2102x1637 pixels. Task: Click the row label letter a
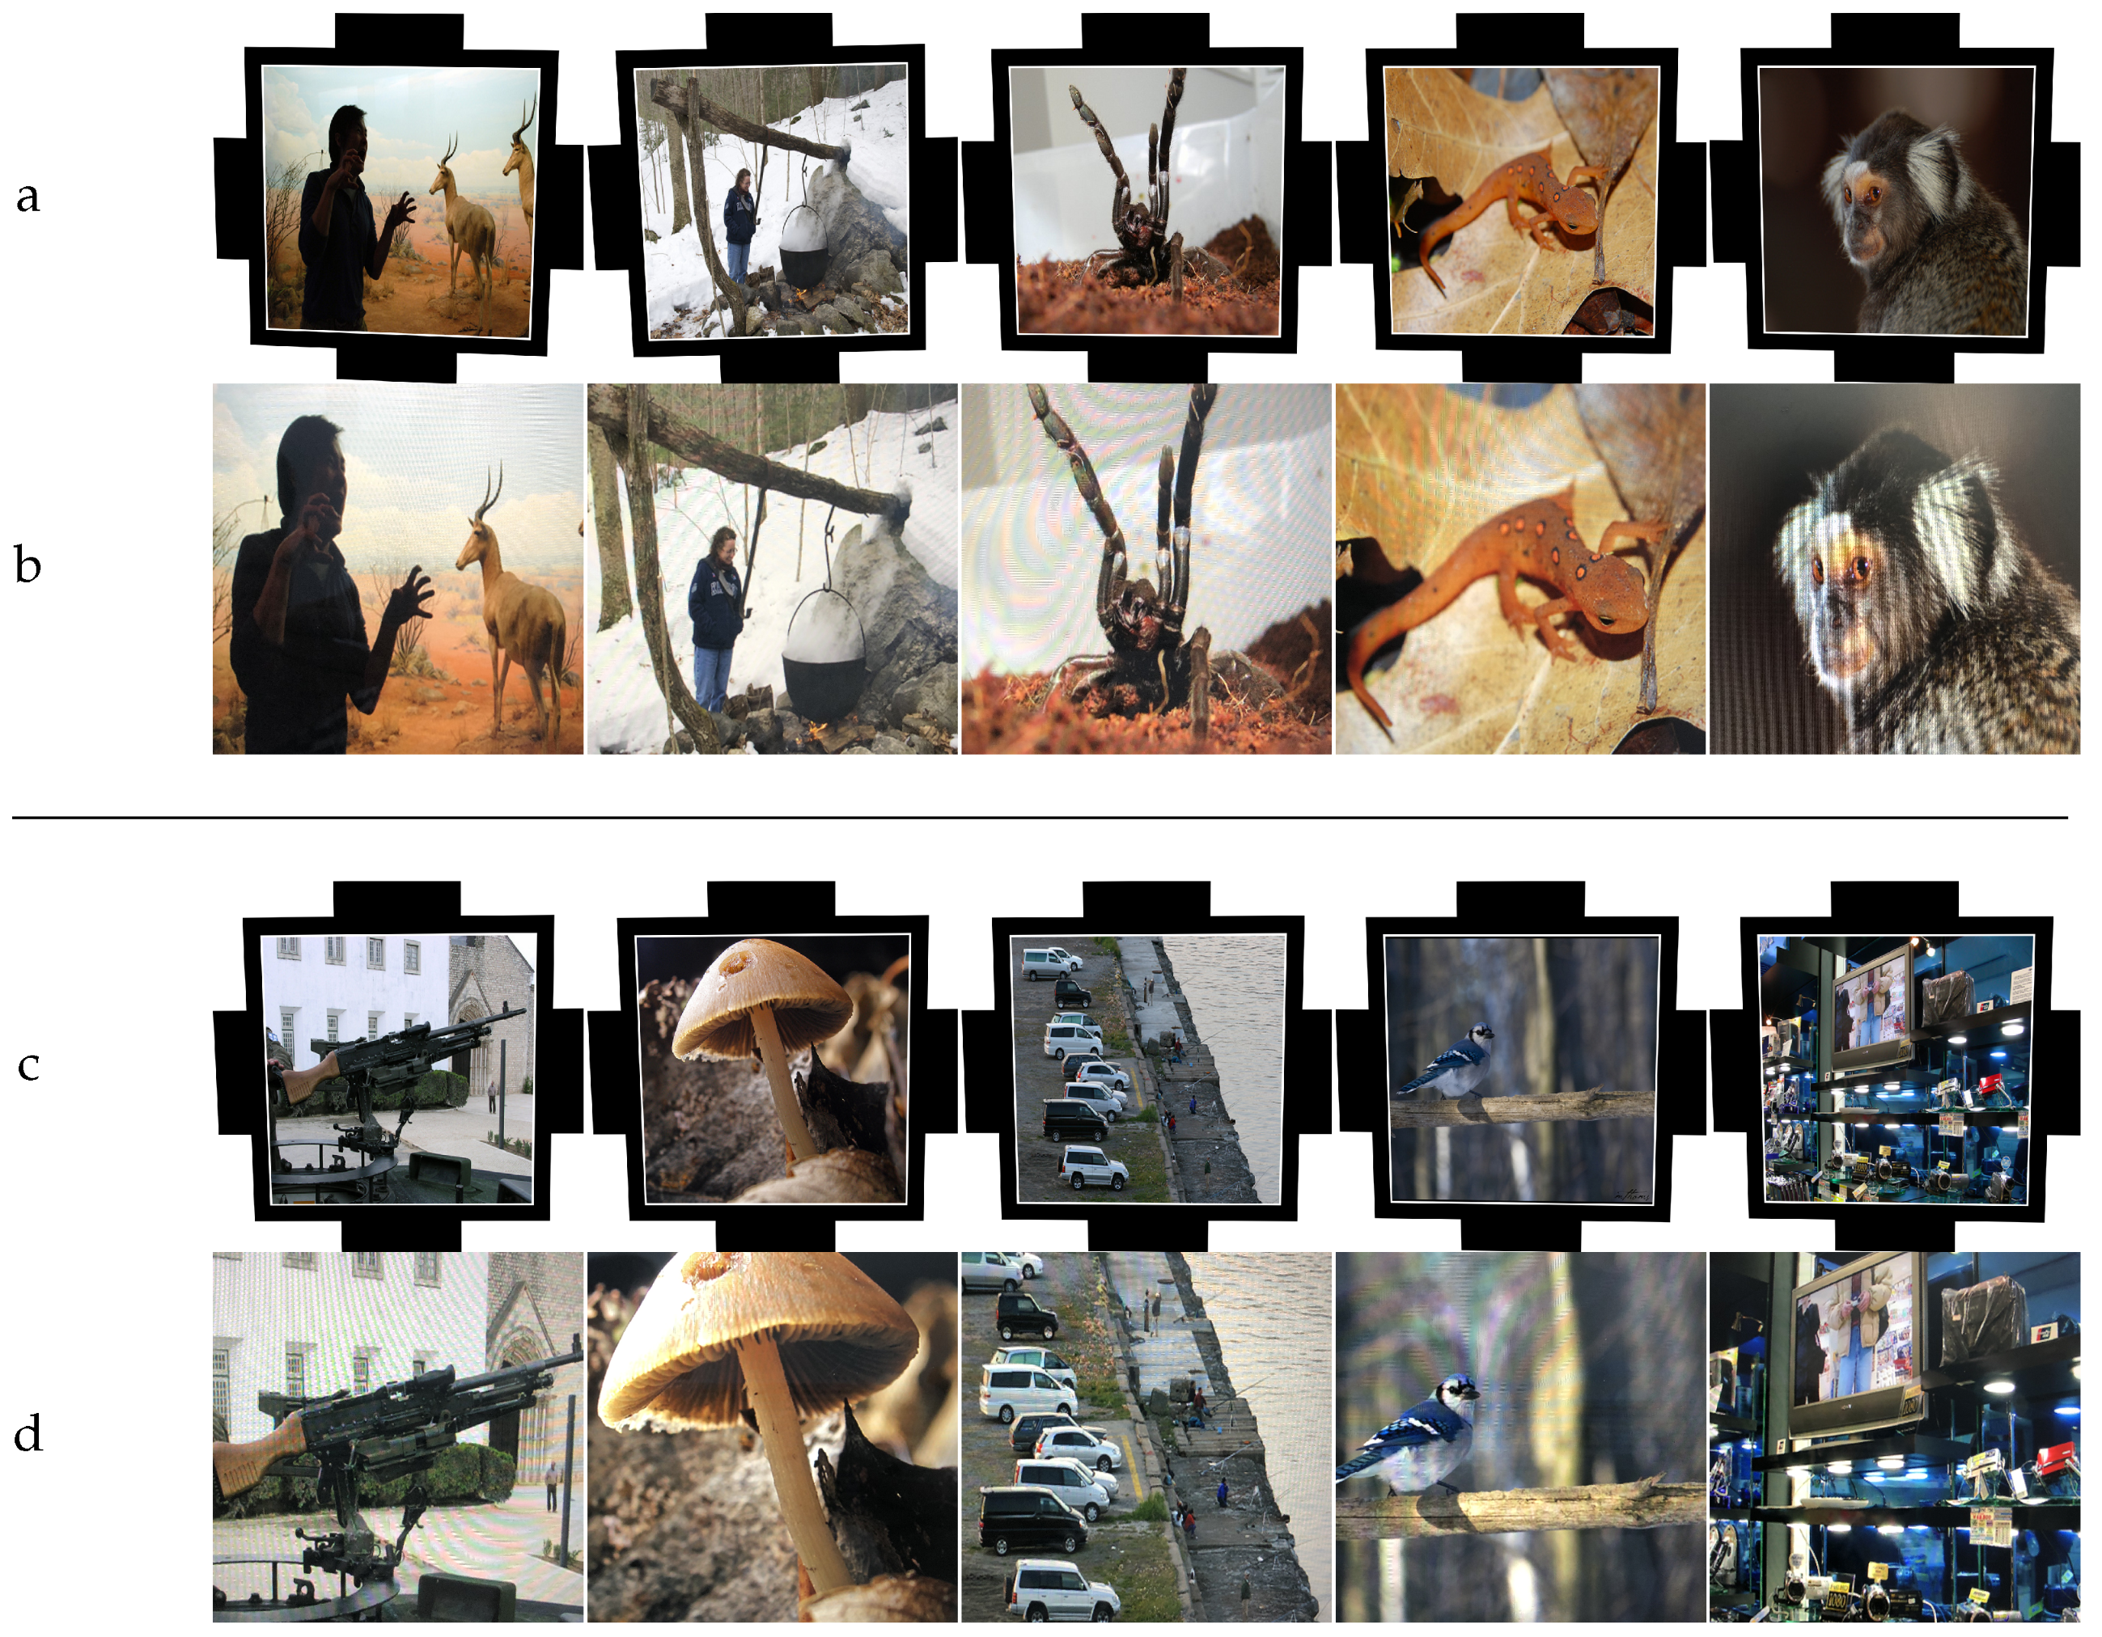pyautogui.click(x=28, y=197)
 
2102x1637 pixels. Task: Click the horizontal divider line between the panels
pyautogui.click(x=1040, y=818)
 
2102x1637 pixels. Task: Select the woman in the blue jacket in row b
pyautogui.click(x=715, y=617)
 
